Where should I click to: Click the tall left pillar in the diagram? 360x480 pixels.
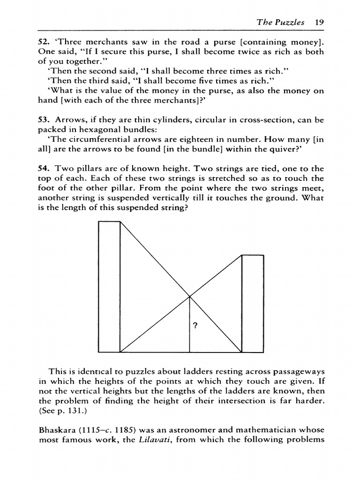(110, 286)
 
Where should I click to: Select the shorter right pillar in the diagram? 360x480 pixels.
(252, 303)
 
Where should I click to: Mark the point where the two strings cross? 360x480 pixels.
(189, 296)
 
